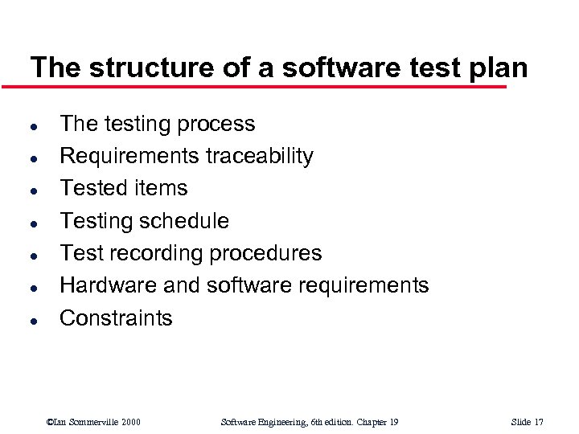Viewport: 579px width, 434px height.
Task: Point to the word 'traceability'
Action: (x=260, y=156)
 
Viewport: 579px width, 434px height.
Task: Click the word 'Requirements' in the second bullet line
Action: (x=129, y=156)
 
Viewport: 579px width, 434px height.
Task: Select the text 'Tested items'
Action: (x=124, y=188)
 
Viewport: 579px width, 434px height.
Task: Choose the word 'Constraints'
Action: (x=116, y=318)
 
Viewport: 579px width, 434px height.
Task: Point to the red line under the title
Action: (x=265, y=86)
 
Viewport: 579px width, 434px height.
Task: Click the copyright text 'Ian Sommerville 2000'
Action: (x=94, y=422)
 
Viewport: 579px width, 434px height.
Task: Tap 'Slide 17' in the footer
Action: (x=528, y=422)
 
